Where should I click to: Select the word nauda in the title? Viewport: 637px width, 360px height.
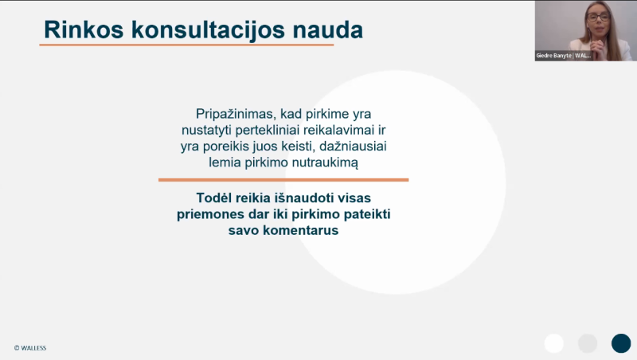[x=327, y=29]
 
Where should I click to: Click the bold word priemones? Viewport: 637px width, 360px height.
[x=213, y=214]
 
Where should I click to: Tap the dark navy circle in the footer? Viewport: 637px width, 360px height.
[x=620, y=343]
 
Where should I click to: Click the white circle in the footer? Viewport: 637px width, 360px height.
[x=554, y=343]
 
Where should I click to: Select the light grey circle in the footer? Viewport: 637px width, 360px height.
[x=587, y=343]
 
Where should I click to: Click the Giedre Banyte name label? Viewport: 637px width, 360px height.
[x=564, y=56]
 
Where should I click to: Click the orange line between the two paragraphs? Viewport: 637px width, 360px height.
[x=283, y=180]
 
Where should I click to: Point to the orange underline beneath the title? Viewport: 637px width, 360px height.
[x=186, y=45]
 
